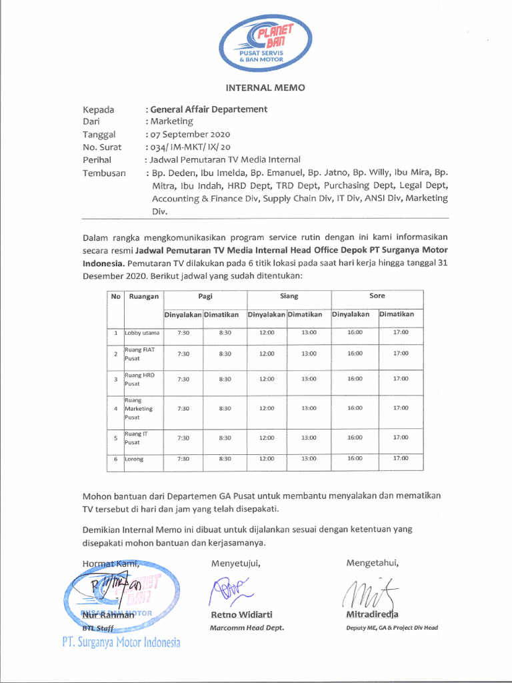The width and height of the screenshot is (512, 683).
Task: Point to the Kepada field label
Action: [x=98, y=109]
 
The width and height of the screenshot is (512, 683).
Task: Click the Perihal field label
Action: [x=97, y=160]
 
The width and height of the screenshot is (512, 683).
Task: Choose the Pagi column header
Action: [x=205, y=296]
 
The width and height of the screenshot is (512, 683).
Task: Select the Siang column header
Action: [x=289, y=296]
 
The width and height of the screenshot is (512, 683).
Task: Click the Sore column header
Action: [x=377, y=296]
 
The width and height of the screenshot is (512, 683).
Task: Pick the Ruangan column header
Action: [x=143, y=297]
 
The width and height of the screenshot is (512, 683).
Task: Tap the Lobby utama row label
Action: [x=142, y=333]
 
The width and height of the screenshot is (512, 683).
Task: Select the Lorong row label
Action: [x=134, y=459]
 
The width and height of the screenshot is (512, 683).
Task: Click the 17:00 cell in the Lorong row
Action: [x=400, y=458]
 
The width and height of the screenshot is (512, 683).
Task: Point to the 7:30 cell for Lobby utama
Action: [x=183, y=333]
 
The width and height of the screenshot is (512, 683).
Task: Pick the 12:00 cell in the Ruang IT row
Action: [x=267, y=438]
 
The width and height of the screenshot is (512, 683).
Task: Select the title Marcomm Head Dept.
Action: [x=247, y=628]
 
